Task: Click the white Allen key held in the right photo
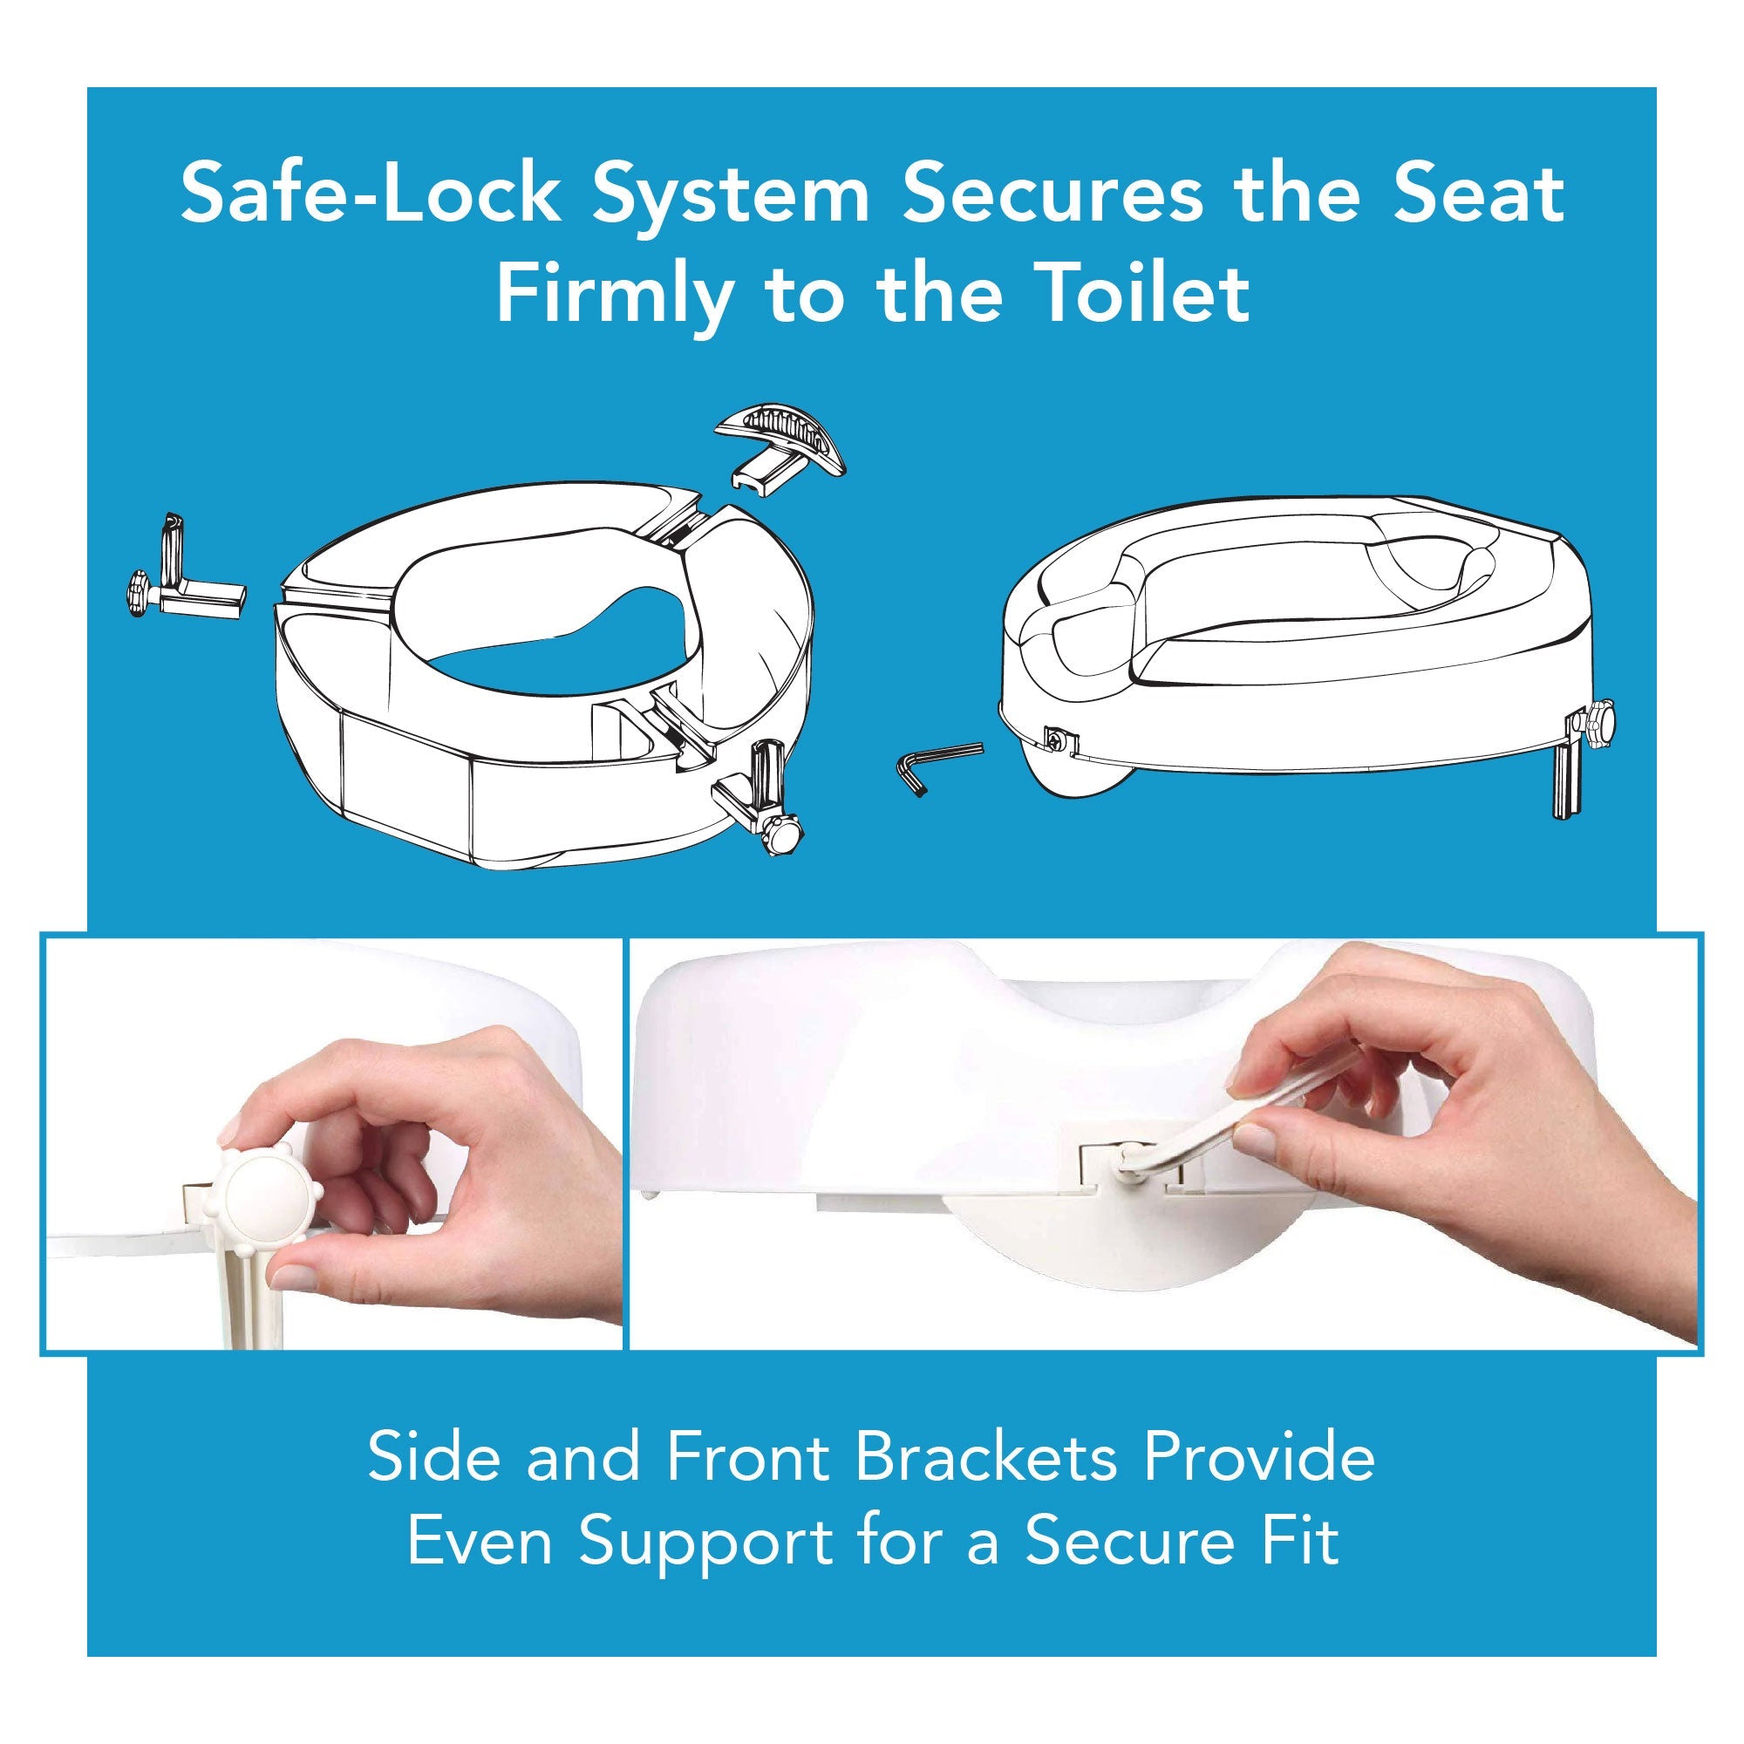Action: point(1201,1140)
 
